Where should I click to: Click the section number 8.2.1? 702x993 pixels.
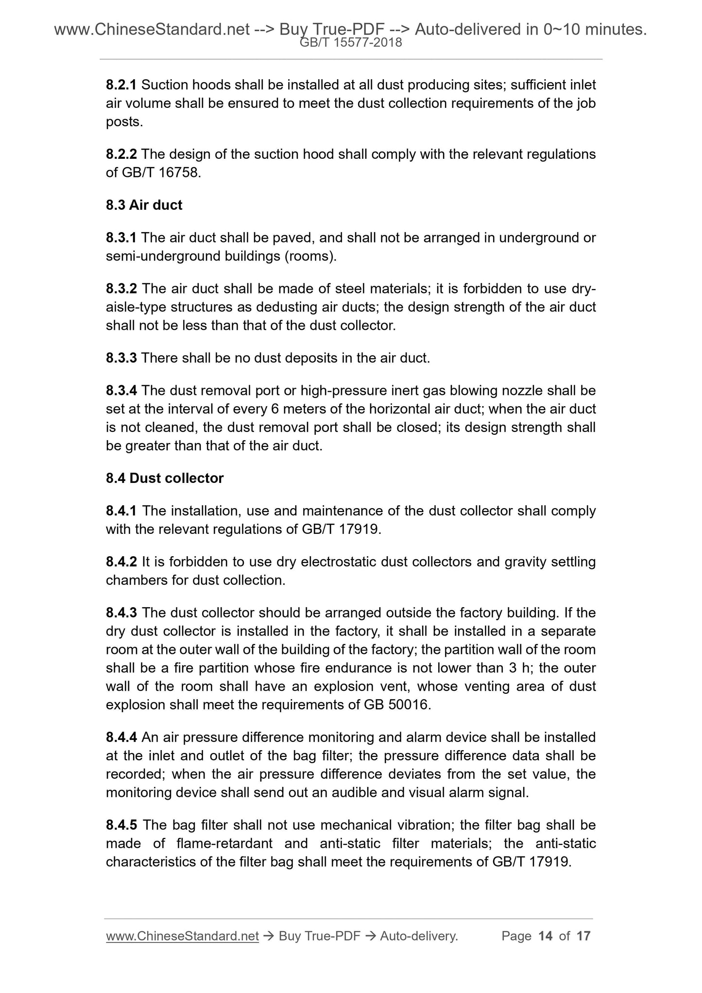click(x=121, y=85)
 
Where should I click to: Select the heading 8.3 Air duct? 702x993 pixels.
click(x=144, y=205)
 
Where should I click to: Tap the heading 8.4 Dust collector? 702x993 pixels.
click(x=165, y=478)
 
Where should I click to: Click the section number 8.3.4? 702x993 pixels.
click(x=121, y=391)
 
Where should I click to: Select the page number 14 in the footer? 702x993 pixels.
click(x=546, y=936)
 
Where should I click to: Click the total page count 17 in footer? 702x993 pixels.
click(x=583, y=936)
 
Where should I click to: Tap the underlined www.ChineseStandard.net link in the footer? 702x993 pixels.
click(x=182, y=936)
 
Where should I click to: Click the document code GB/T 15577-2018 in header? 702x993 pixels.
click(x=351, y=43)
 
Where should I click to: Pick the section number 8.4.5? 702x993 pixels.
click(x=121, y=825)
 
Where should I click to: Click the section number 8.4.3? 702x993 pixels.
click(x=121, y=613)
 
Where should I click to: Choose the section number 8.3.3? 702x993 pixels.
click(x=121, y=358)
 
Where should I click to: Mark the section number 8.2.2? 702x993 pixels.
click(x=121, y=154)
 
